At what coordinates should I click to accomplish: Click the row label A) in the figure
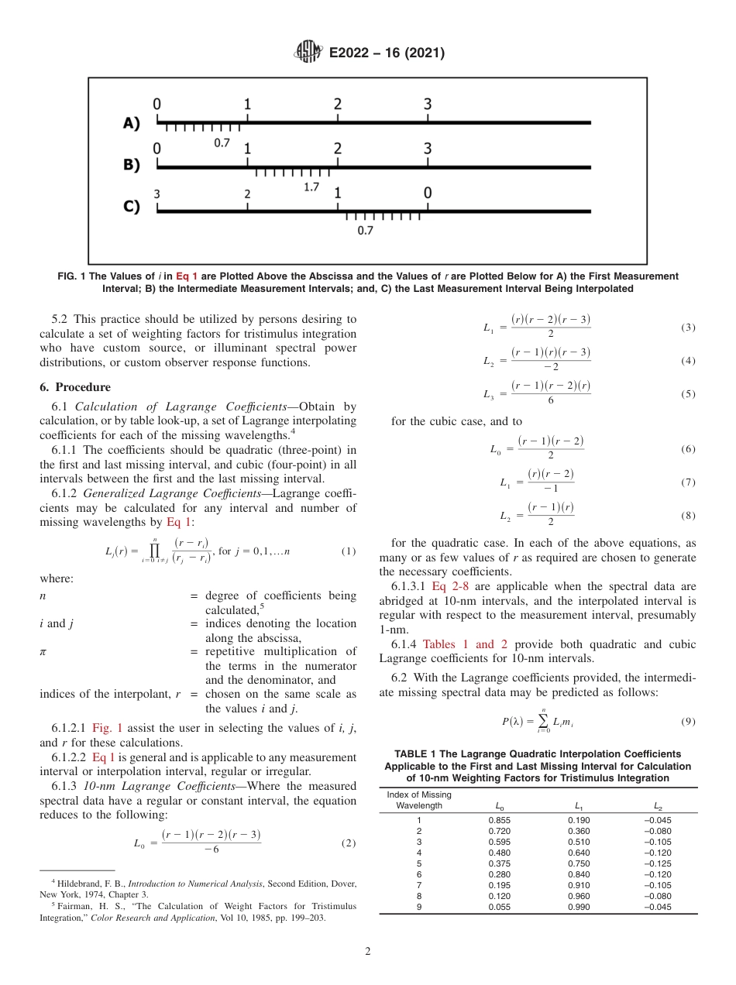[x=132, y=123]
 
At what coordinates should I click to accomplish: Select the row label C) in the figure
[x=132, y=207]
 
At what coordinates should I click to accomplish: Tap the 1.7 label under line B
[x=311, y=187]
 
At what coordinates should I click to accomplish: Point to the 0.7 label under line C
[x=365, y=230]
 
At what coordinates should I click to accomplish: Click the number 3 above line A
[x=428, y=105]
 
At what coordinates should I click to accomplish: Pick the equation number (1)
[x=349, y=551]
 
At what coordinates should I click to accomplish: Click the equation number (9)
[x=688, y=722]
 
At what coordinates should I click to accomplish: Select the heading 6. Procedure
[x=75, y=387]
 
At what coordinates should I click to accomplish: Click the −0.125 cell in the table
[x=659, y=863]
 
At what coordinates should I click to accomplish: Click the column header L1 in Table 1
[x=578, y=805]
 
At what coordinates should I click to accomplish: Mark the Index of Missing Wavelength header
[x=418, y=801]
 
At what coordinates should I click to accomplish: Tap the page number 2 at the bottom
[x=368, y=952]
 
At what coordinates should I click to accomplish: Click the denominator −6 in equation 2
[x=211, y=849]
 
